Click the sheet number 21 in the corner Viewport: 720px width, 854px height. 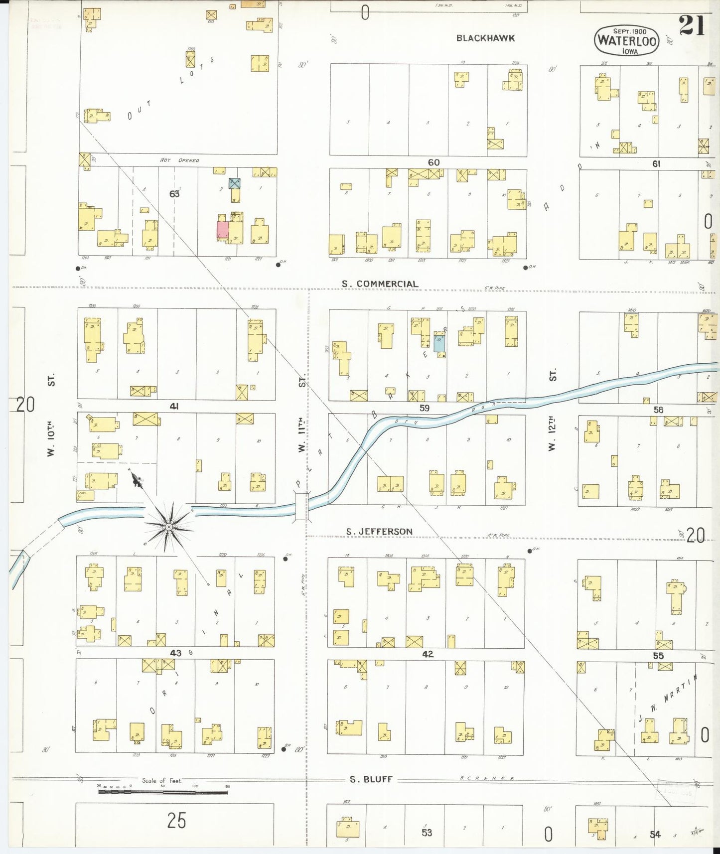692,25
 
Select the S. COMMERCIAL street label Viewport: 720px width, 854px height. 380,284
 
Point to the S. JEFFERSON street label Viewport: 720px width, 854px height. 380,532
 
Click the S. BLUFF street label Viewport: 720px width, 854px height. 371,780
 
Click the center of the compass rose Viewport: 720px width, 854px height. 169,527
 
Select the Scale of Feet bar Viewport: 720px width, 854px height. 163,791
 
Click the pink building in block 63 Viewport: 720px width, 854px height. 222,231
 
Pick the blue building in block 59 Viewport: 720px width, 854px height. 439,344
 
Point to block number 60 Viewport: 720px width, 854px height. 433,162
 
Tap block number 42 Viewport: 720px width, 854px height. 428,654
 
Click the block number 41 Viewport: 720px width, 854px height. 174,407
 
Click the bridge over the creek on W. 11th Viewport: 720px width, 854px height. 301,506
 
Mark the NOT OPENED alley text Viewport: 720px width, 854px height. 179,160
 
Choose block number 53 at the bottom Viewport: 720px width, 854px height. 427,833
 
